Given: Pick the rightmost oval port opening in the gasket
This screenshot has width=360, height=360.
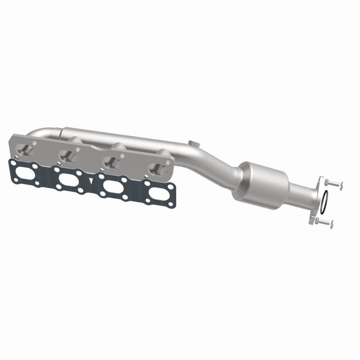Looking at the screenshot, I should click(x=157, y=186).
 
